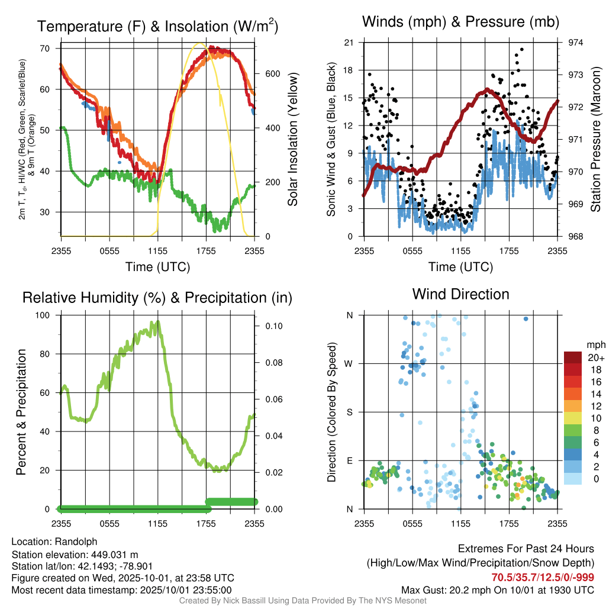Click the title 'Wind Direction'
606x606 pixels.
[x=460, y=294]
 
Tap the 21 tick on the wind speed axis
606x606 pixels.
[x=349, y=43]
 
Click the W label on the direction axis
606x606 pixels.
[x=350, y=363]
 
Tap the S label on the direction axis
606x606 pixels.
[x=350, y=412]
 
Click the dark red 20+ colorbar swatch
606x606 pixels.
[x=573, y=358]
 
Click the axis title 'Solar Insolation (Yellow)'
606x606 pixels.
[x=293, y=140]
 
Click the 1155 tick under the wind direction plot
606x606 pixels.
[x=460, y=523]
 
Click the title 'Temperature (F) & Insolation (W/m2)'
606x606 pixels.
[x=157, y=26]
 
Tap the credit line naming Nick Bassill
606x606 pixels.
[x=303, y=601]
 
